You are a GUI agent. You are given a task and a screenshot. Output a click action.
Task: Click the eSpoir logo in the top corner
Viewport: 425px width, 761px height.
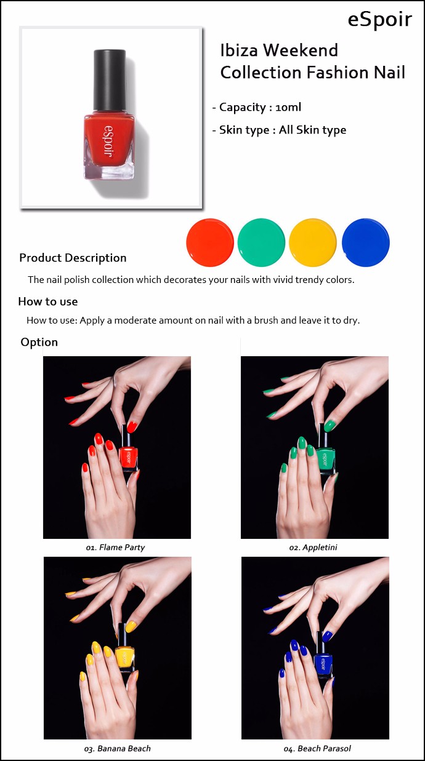[380, 20]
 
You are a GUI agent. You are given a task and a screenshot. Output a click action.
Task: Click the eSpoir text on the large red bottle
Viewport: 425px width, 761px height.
[108, 141]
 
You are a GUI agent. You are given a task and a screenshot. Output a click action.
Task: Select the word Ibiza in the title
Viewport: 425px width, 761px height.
[239, 50]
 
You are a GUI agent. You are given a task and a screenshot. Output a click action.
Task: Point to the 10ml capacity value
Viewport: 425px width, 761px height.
[288, 108]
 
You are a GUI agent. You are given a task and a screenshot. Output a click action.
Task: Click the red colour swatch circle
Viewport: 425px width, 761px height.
[210, 242]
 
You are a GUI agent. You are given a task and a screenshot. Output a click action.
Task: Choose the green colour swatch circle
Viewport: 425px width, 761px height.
[261, 242]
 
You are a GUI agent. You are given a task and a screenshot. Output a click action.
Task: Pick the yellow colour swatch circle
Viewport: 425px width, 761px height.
[313, 242]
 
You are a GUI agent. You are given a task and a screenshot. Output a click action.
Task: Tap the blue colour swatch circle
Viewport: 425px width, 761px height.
[365, 242]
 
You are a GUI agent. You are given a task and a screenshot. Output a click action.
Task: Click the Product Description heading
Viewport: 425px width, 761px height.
[73, 258]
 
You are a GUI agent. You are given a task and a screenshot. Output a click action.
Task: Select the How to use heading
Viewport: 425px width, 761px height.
[48, 301]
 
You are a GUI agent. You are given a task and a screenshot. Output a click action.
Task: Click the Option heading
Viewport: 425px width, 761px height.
[39, 342]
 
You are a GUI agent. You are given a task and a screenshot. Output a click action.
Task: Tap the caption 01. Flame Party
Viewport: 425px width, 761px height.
[115, 548]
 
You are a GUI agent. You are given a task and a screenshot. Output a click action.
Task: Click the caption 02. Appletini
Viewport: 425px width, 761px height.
[313, 548]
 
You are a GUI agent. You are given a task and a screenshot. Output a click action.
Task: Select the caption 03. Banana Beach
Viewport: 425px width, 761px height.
[118, 749]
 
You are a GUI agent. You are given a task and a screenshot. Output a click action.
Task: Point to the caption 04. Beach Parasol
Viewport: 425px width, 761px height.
[317, 749]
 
